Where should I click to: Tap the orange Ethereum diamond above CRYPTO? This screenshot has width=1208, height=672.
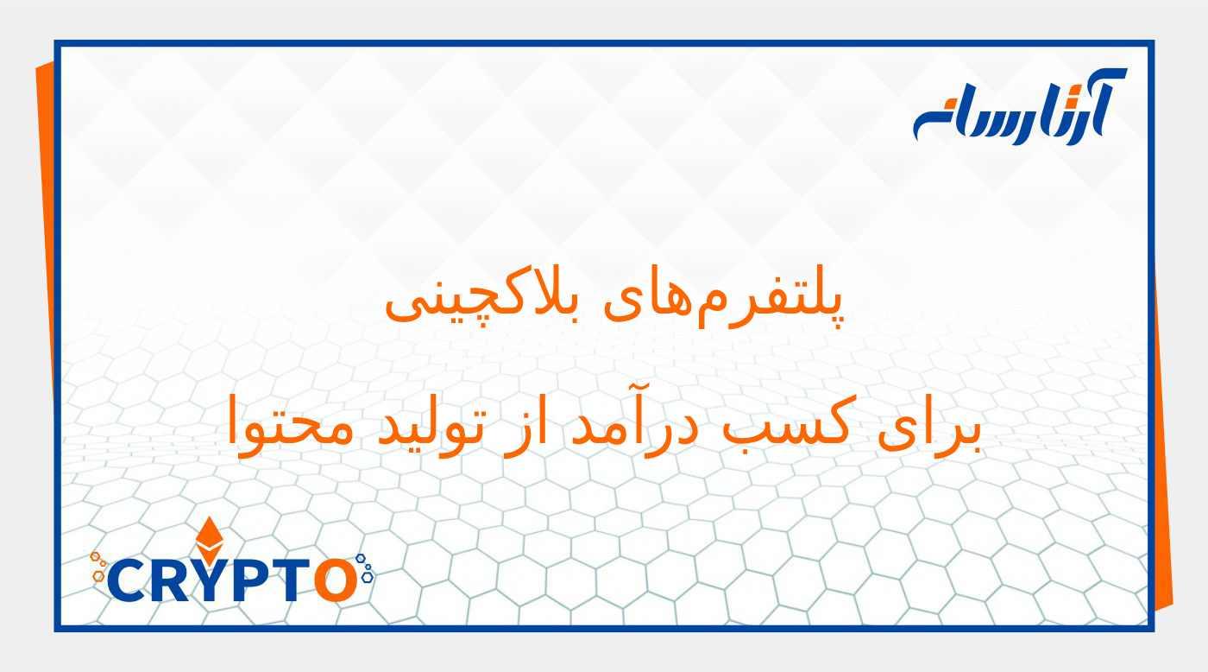pyautogui.click(x=208, y=540)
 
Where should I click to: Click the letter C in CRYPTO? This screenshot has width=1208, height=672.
pyautogui.click(x=129, y=581)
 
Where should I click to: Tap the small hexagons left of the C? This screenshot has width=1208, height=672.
pyautogui.click(x=99, y=566)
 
